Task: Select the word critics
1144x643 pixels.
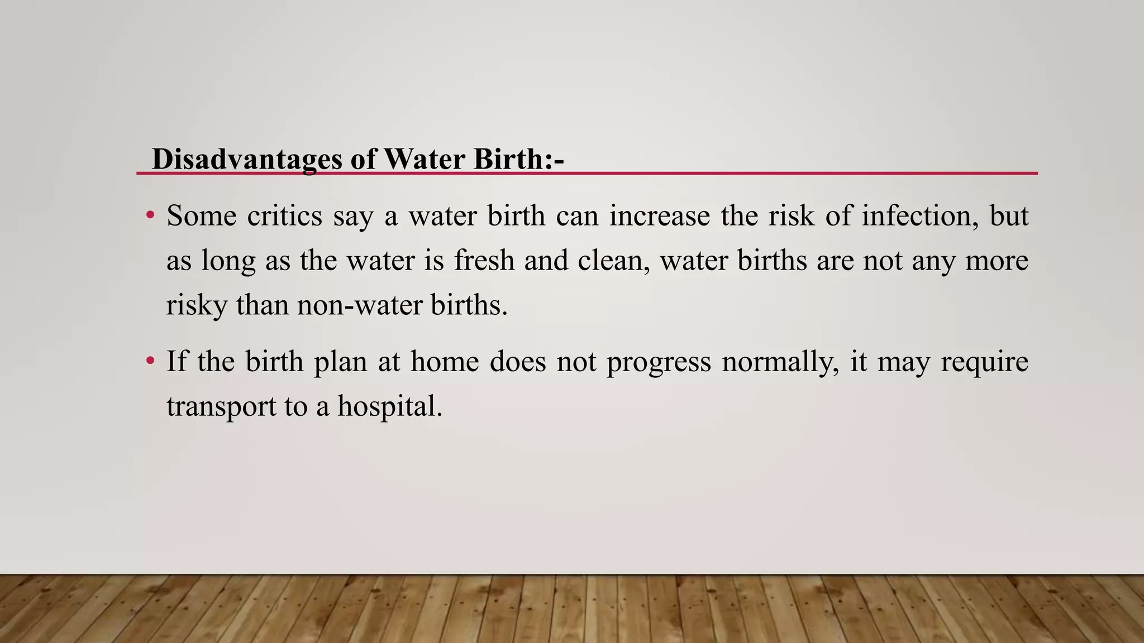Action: click(x=285, y=215)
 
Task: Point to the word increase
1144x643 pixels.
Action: click(x=659, y=215)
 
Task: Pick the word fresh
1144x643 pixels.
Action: click(x=484, y=261)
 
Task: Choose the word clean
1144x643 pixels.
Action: click(x=613, y=261)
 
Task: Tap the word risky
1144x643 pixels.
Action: click(x=197, y=305)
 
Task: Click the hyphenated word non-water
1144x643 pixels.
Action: click(x=359, y=305)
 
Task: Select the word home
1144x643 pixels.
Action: click(x=445, y=362)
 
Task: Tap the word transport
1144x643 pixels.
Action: click(x=221, y=406)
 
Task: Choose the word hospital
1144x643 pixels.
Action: click(x=389, y=406)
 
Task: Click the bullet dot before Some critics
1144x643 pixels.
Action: click(x=150, y=215)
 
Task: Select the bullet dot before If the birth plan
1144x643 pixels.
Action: click(x=150, y=361)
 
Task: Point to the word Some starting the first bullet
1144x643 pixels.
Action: click(x=202, y=215)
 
